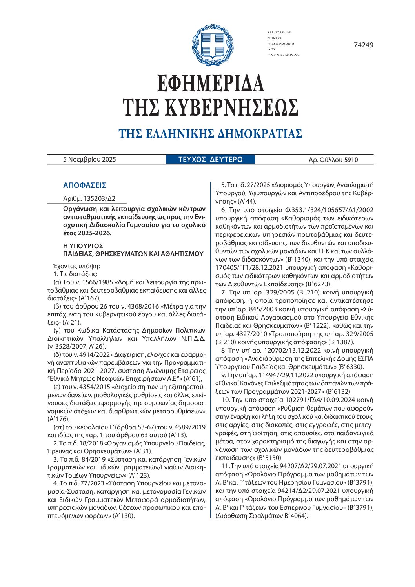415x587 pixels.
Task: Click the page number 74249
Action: pos(363,45)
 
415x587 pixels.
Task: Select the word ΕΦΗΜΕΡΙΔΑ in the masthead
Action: pos(211,83)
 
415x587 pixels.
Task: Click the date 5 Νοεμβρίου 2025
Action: pos(89,160)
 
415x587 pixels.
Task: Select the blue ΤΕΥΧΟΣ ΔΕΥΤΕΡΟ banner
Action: pos(211,160)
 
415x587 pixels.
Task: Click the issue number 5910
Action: pos(351,160)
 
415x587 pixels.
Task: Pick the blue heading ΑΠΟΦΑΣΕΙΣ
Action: pos(85,185)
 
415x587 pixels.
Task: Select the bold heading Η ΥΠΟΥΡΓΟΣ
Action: pos(83,246)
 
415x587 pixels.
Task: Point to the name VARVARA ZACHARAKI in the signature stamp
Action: pos(284,55)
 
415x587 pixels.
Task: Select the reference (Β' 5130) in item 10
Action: pos(270,458)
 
